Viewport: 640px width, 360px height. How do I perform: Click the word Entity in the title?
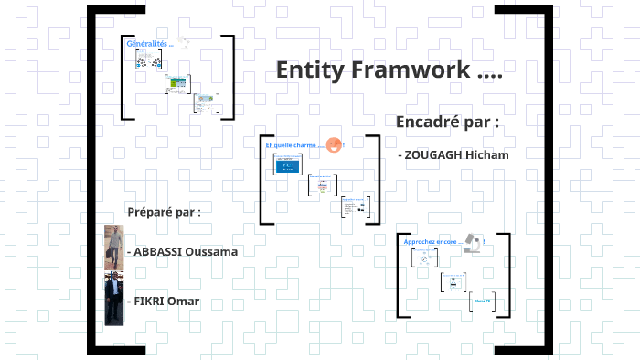pyautogui.click(x=309, y=70)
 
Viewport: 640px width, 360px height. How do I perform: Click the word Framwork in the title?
pyautogui.click(x=409, y=70)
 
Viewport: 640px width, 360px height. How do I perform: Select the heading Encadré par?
pyautogui.click(x=447, y=122)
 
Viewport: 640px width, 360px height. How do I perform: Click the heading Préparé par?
pyautogui.click(x=164, y=212)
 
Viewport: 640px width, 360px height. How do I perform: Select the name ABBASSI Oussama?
pyautogui.click(x=186, y=251)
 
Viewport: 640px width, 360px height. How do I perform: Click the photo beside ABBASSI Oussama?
pyautogui.click(x=113, y=246)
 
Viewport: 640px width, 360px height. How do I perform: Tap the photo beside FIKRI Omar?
pyautogui.click(x=113, y=298)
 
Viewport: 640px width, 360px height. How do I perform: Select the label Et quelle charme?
pyautogui.click(x=293, y=145)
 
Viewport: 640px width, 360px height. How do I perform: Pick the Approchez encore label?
pyautogui.click(x=433, y=242)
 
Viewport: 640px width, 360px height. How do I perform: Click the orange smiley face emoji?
pyautogui.click(x=334, y=144)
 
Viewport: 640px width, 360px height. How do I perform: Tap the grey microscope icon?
pyautogui.click(x=474, y=243)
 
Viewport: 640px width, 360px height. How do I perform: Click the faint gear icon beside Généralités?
pyautogui.click(x=184, y=43)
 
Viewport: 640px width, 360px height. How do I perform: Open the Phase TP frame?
pyautogui.click(x=481, y=302)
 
